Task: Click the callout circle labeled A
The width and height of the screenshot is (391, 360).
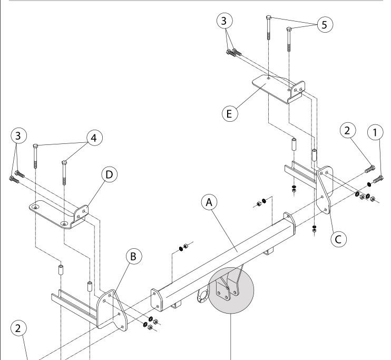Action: coord(209,202)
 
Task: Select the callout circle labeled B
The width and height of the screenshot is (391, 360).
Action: coord(133,256)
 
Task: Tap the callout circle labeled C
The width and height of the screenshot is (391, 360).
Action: coord(338,239)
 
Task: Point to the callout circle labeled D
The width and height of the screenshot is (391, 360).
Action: coord(109,174)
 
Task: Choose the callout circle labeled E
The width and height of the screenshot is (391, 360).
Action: coord(230,114)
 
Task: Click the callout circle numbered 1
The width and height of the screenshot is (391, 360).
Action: coord(375,132)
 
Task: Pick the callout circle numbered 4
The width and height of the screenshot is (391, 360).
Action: coord(94,138)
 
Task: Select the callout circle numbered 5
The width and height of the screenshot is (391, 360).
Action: coord(325,24)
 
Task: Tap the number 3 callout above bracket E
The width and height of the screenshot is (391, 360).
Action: coord(224,21)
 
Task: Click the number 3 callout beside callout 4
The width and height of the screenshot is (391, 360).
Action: coord(18,135)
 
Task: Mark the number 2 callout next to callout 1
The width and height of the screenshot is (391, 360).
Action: coord(348,130)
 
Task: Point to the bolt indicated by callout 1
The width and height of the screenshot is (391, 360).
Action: coord(378,179)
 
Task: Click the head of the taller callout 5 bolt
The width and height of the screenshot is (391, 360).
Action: coord(269,17)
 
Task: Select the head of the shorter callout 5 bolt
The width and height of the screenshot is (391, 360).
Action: coord(289,29)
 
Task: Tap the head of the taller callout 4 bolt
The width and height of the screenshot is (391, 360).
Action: coord(35,145)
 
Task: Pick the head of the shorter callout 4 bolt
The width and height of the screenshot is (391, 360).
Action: coord(64,163)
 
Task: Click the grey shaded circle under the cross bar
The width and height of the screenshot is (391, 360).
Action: coord(231,290)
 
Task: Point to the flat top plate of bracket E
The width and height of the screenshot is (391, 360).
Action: coord(272,87)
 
